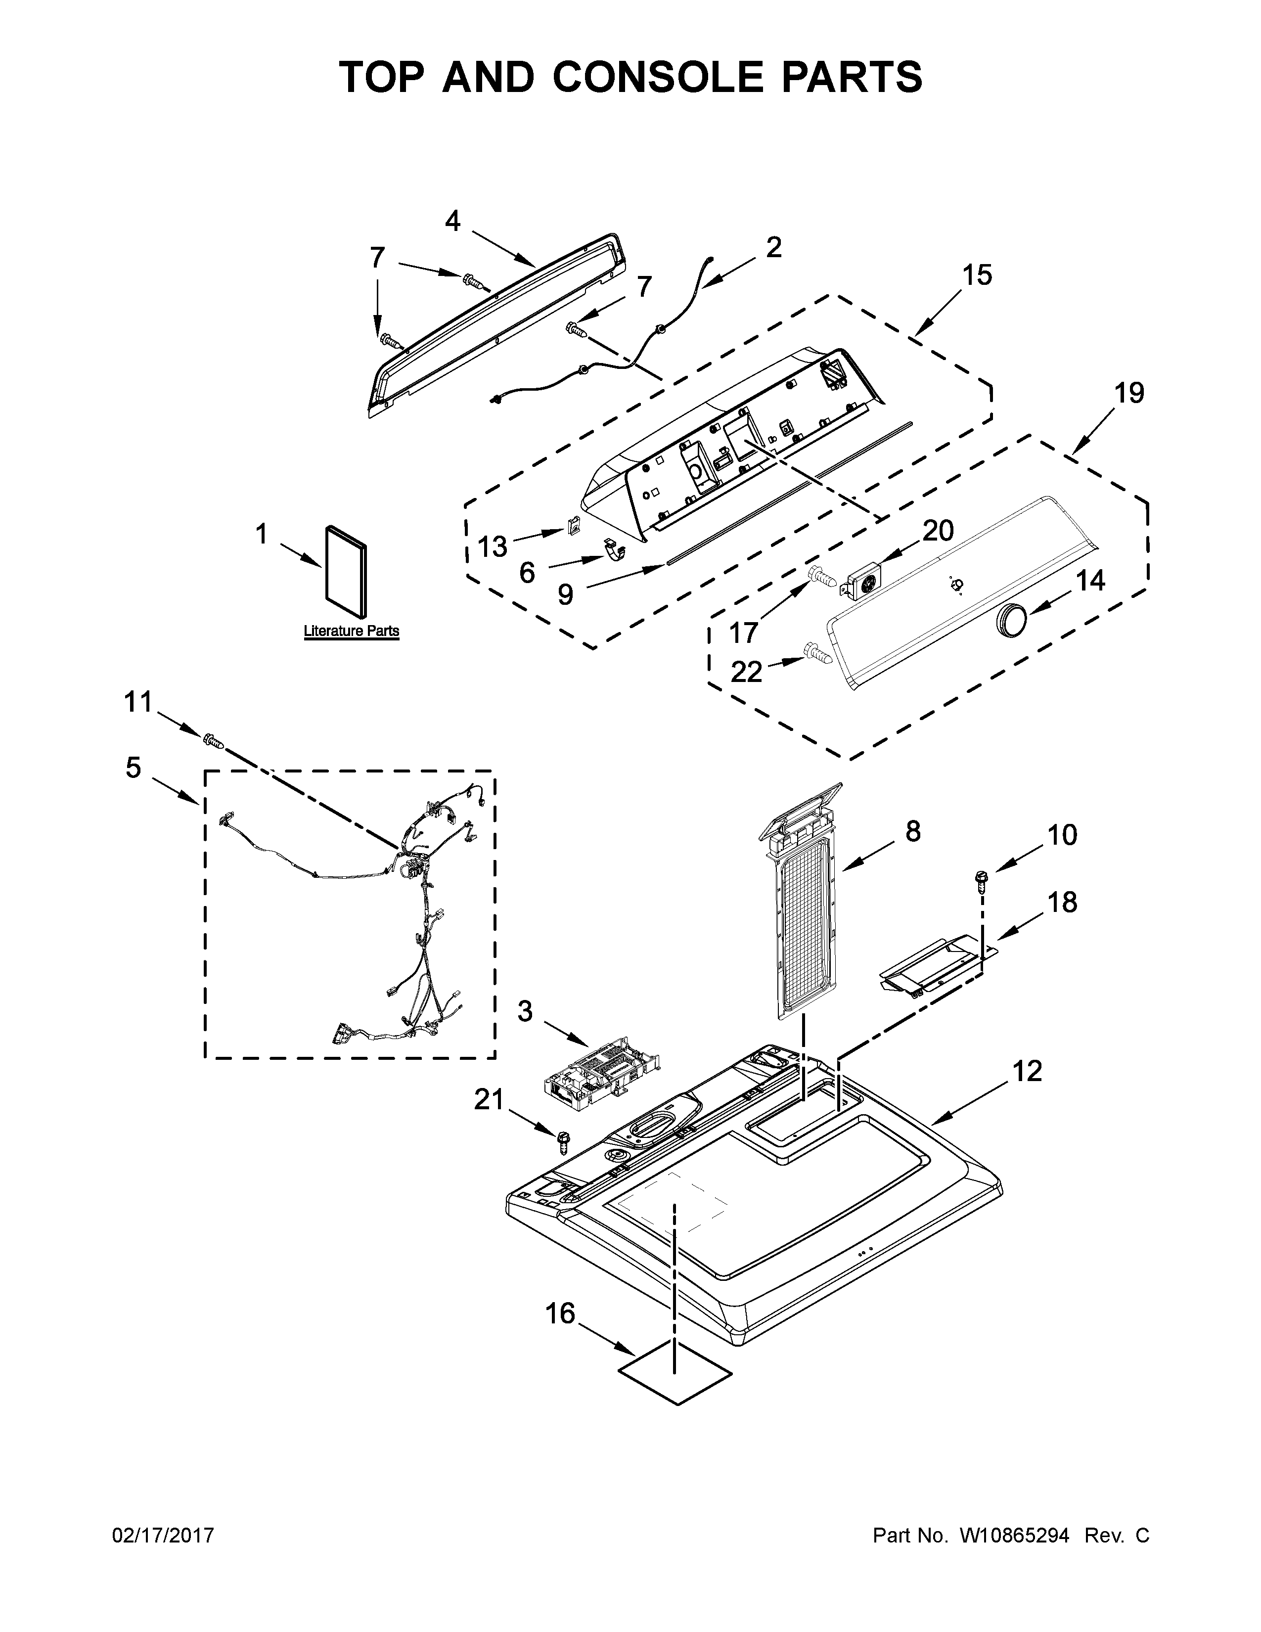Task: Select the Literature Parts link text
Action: coord(351,631)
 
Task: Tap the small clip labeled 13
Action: coord(574,526)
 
